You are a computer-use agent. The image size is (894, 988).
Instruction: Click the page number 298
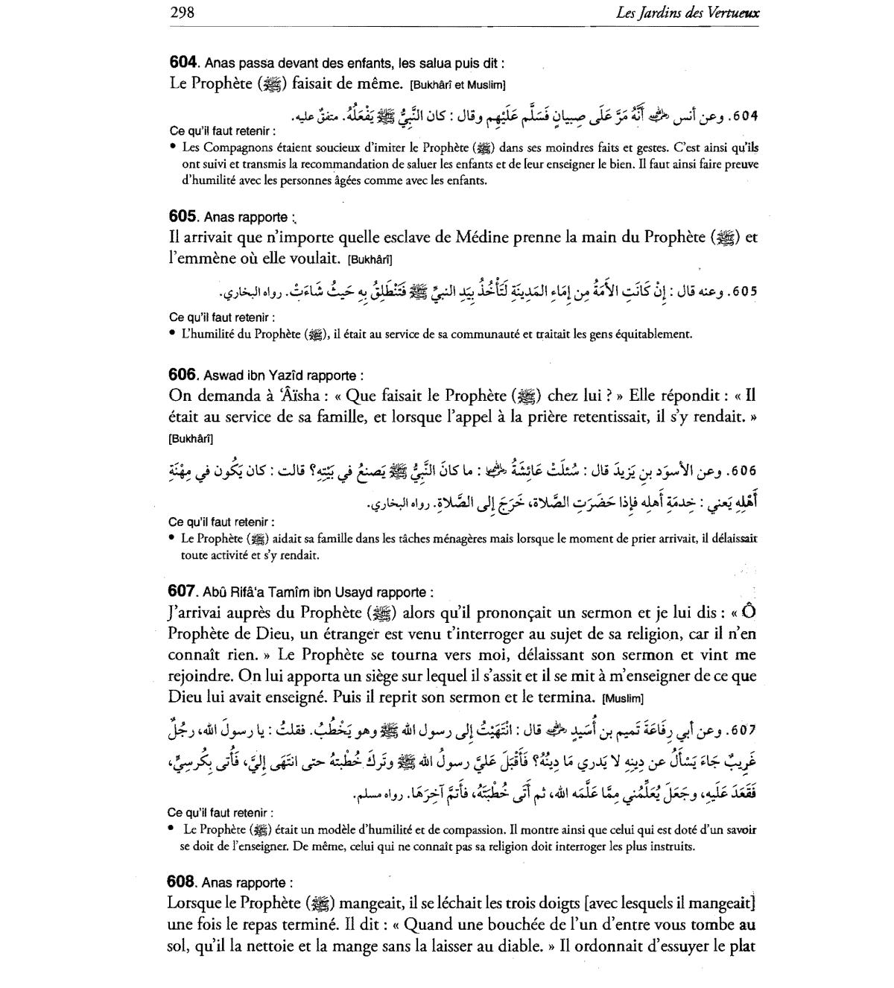coord(183,13)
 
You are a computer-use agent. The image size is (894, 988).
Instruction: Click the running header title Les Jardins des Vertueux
coord(688,13)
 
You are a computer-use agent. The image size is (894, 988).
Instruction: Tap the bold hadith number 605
coord(182,217)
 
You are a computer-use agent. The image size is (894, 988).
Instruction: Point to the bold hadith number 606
coord(182,375)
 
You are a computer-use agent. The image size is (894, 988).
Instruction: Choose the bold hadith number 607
coord(181,592)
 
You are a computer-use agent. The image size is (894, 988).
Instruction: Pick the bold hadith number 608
coord(181,882)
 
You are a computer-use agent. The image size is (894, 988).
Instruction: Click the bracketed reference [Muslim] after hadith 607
coord(623,699)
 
